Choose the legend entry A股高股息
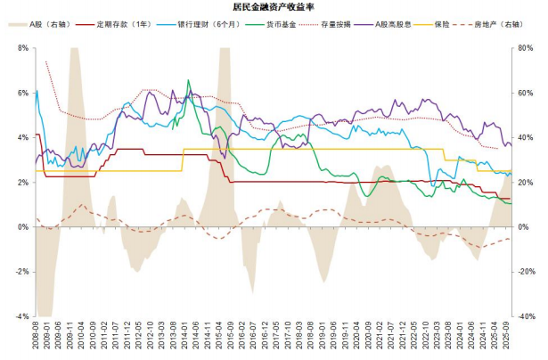(x=399, y=23)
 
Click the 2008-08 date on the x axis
(x=37, y=338)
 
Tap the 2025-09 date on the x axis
(x=509, y=338)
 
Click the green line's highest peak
(x=188, y=80)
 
